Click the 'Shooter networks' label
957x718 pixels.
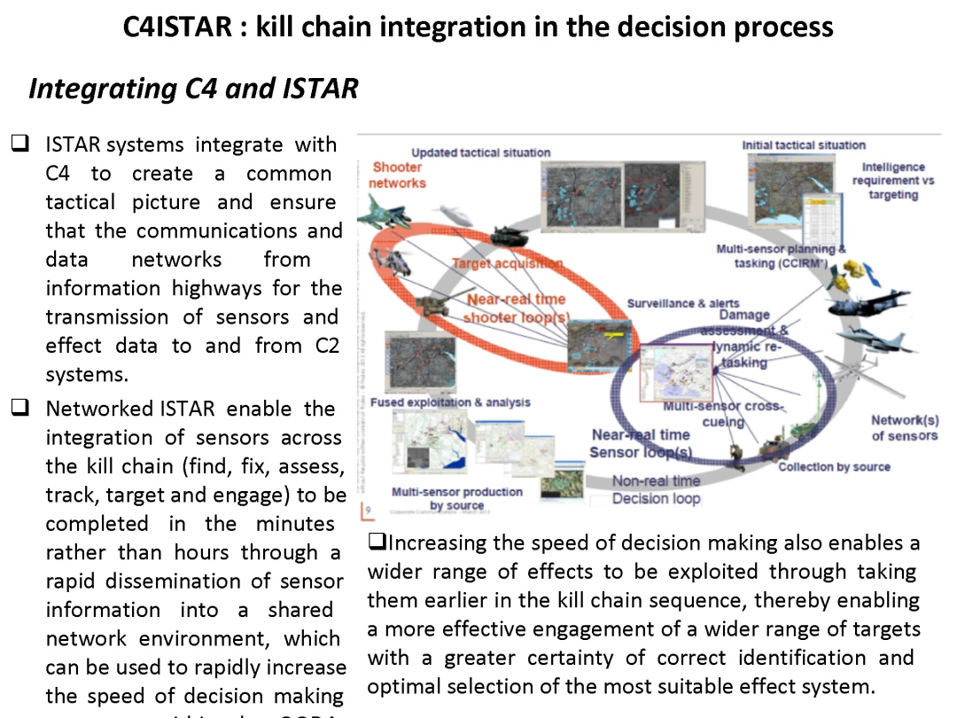(398, 175)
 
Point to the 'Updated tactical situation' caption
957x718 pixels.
(480, 152)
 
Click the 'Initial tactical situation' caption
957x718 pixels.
(804, 144)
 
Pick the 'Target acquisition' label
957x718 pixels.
(507, 263)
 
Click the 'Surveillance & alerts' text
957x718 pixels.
(682, 303)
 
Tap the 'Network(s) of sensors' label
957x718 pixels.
(904, 427)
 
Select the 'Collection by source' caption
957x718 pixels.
(834, 467)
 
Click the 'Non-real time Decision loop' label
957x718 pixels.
(656, 489)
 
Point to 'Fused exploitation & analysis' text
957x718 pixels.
(450, 402)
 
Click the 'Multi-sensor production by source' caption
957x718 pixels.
(457, 498)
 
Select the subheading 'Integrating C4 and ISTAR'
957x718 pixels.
(193, 89)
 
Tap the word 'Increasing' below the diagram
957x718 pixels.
(437, 542)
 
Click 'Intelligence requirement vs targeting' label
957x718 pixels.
(892, 180)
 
